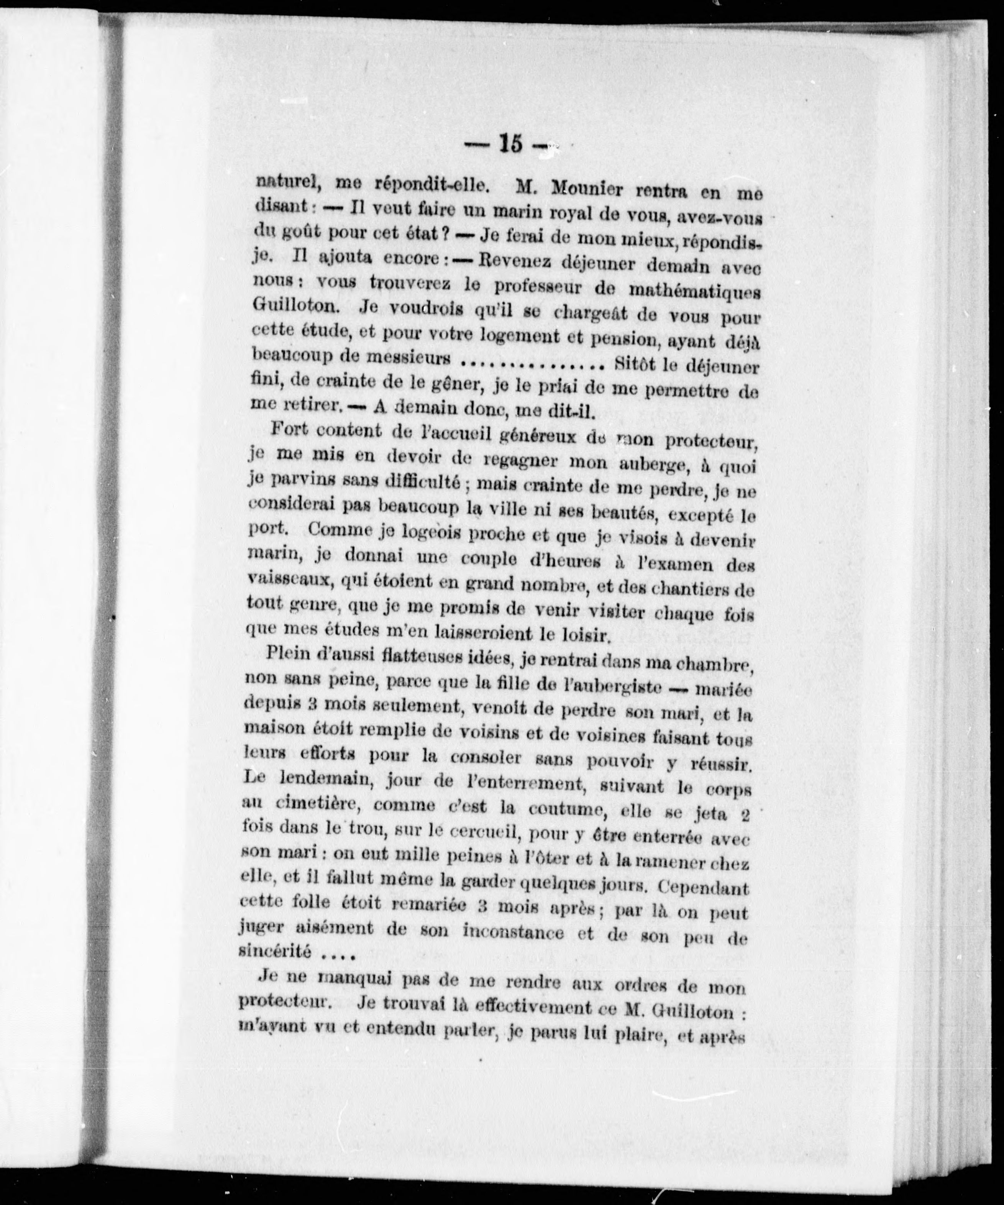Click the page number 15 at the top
pyautogui.click(x=510, y=143)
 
